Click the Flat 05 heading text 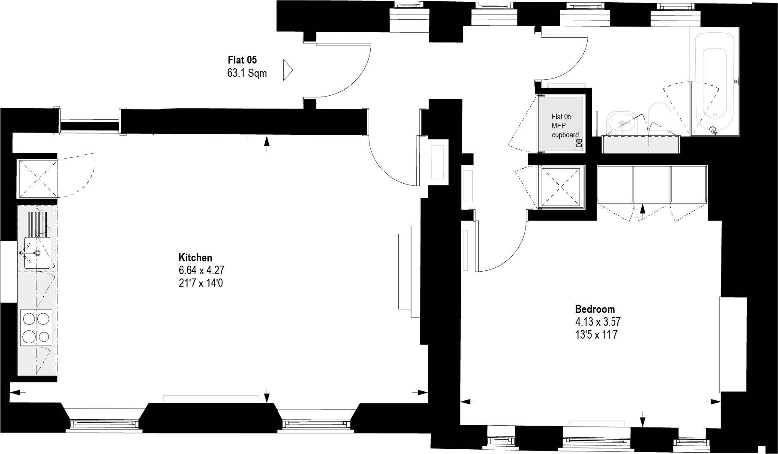coord(242,60)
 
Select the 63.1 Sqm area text coord(247,73)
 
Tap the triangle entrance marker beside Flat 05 coord(288,70)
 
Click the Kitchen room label coord(195,257)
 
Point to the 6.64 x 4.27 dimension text coord(201,270)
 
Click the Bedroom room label coord(595,309)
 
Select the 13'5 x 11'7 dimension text coord(596,335)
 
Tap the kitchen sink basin coord(37,253)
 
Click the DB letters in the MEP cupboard coord(579,143)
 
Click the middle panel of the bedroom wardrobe coord(652,184)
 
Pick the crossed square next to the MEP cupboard coord(561,187)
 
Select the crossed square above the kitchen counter coord(37,179)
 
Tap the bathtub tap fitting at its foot coord(714,130)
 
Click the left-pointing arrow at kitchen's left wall coord(17,392)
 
